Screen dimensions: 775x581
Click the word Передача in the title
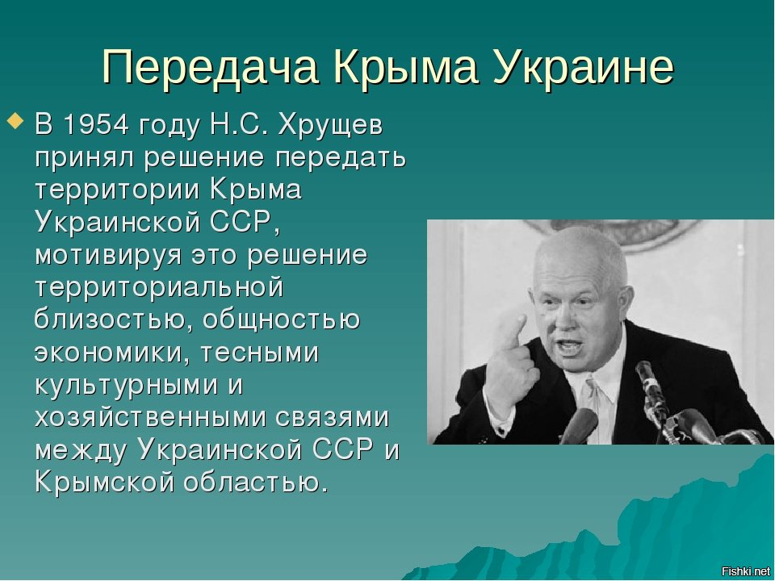(210, 67)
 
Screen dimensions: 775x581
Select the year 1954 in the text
(96, 124)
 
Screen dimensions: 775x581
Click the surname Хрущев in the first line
(330, 126)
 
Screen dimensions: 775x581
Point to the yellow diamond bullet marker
(16, 121)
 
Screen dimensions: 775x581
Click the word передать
(341, 159)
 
